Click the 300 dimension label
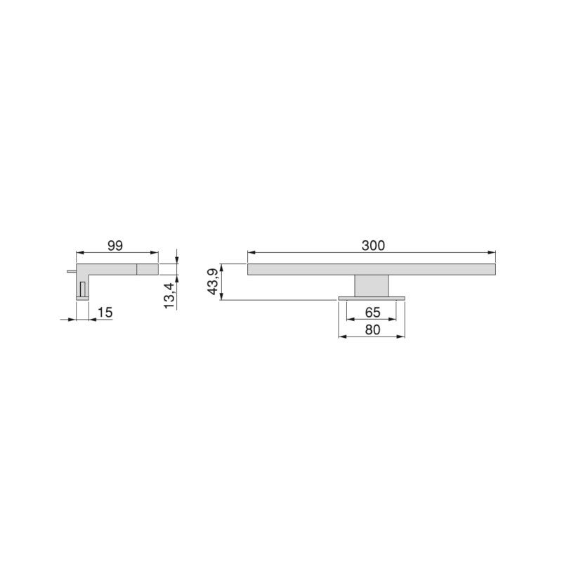pyautogui.click(x=372, y=245)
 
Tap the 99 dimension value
pyautogui.click(x=116, y=245)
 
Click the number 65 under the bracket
pyautogui.click(x=372, y=311)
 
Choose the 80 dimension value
pyautogui.click(x=372, y=329)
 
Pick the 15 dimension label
pyautogui.click(x=105, y=311)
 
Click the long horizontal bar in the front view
pyautogui.click(x=372, y=269)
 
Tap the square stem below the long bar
pyautogui.click(x=372, y=286)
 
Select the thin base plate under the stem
pyautogui.click(x=372, y=299)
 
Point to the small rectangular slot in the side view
pyautogui.click(x=83, y=288)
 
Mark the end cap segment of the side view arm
pyautogui.click(x=147, y=269)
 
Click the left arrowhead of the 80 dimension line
pyautogui.click(x=342, y=336)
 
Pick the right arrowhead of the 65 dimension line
pyautogui.click(x=393, y=319)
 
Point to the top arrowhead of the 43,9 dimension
pyautogui.click(x=222, y=268)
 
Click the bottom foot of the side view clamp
pyautogui.click(x=82, y=299)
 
